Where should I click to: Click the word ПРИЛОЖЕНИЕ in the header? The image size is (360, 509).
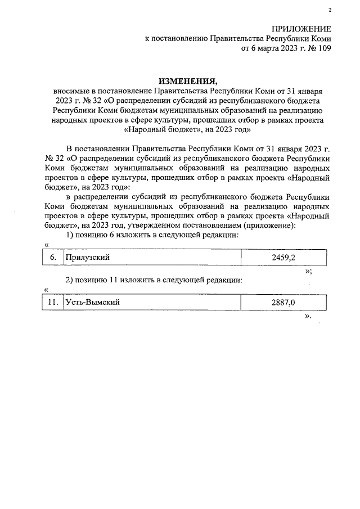tap(301, 29)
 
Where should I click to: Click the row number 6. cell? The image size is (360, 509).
tap(53, 257)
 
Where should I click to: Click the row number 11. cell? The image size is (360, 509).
tap(53, 303)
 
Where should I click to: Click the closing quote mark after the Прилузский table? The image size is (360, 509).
tap(308, 271)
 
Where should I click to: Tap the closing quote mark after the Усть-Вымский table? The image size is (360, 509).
tap(307, 316)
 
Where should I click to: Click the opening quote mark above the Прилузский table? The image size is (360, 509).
tap(46, 244)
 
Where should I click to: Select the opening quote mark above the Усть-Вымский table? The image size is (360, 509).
tap(46, 290)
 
